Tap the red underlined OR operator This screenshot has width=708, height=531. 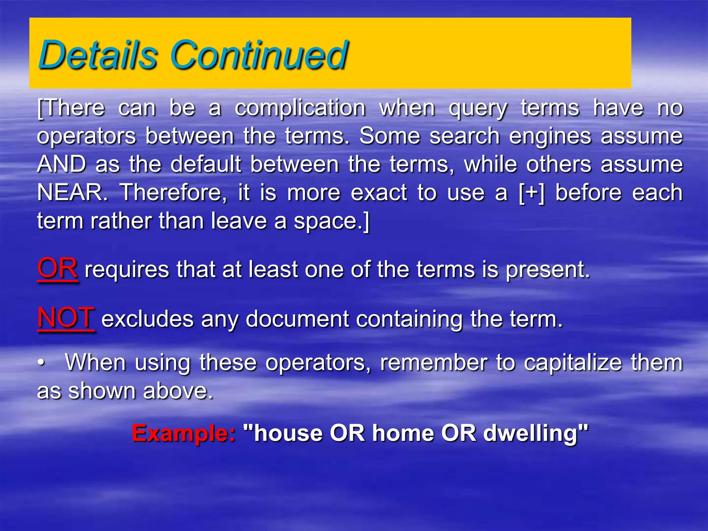point(57,269)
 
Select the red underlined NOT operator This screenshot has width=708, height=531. point(66,318)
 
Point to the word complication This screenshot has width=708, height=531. point(300,109)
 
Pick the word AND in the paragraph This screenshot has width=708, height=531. point(62,164)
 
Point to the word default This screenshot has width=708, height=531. point(206,164)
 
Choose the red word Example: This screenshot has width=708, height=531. point(184,433)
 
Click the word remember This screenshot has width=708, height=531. point(434,363)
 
